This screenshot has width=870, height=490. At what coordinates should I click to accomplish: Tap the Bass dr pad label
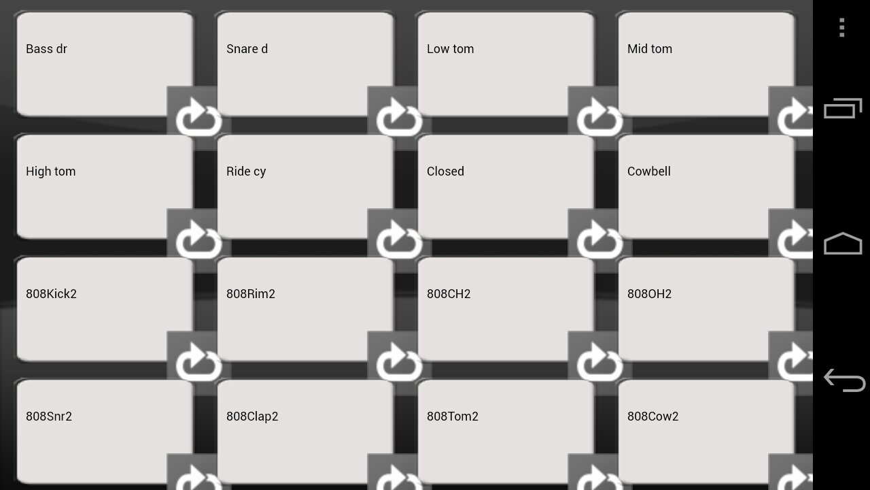pos(46,49)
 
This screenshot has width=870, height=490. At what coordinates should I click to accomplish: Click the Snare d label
pos(247,49)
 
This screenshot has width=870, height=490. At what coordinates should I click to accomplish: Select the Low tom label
pos(450,49)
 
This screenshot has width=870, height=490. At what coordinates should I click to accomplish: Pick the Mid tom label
pos(649,49)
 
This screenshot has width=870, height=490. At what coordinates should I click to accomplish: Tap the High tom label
pos(50,171)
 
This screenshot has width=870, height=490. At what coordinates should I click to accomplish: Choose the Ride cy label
pos(246,172)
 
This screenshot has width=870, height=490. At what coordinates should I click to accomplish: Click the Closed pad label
pos(445,171)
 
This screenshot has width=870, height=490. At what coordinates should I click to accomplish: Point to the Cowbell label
pos(648,171)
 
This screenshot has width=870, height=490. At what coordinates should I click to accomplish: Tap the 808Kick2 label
pos(51,294)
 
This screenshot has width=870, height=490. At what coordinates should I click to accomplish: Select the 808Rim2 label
pos(251,294)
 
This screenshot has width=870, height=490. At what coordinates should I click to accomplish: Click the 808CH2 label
pos(449,294)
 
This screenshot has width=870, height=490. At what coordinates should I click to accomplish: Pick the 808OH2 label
pos(649,294)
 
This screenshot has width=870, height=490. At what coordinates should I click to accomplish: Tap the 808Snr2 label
pos(48,416)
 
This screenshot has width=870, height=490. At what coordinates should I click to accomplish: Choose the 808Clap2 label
pos(252,417)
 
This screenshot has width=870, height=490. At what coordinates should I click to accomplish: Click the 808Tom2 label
pos(453,416)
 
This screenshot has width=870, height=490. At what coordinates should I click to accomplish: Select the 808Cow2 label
pos(652,416)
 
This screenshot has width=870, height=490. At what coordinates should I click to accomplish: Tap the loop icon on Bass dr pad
pos(198,117)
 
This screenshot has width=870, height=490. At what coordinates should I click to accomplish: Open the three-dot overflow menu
pos(841,28)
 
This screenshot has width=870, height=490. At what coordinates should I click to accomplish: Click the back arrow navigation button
pos(844,380)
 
